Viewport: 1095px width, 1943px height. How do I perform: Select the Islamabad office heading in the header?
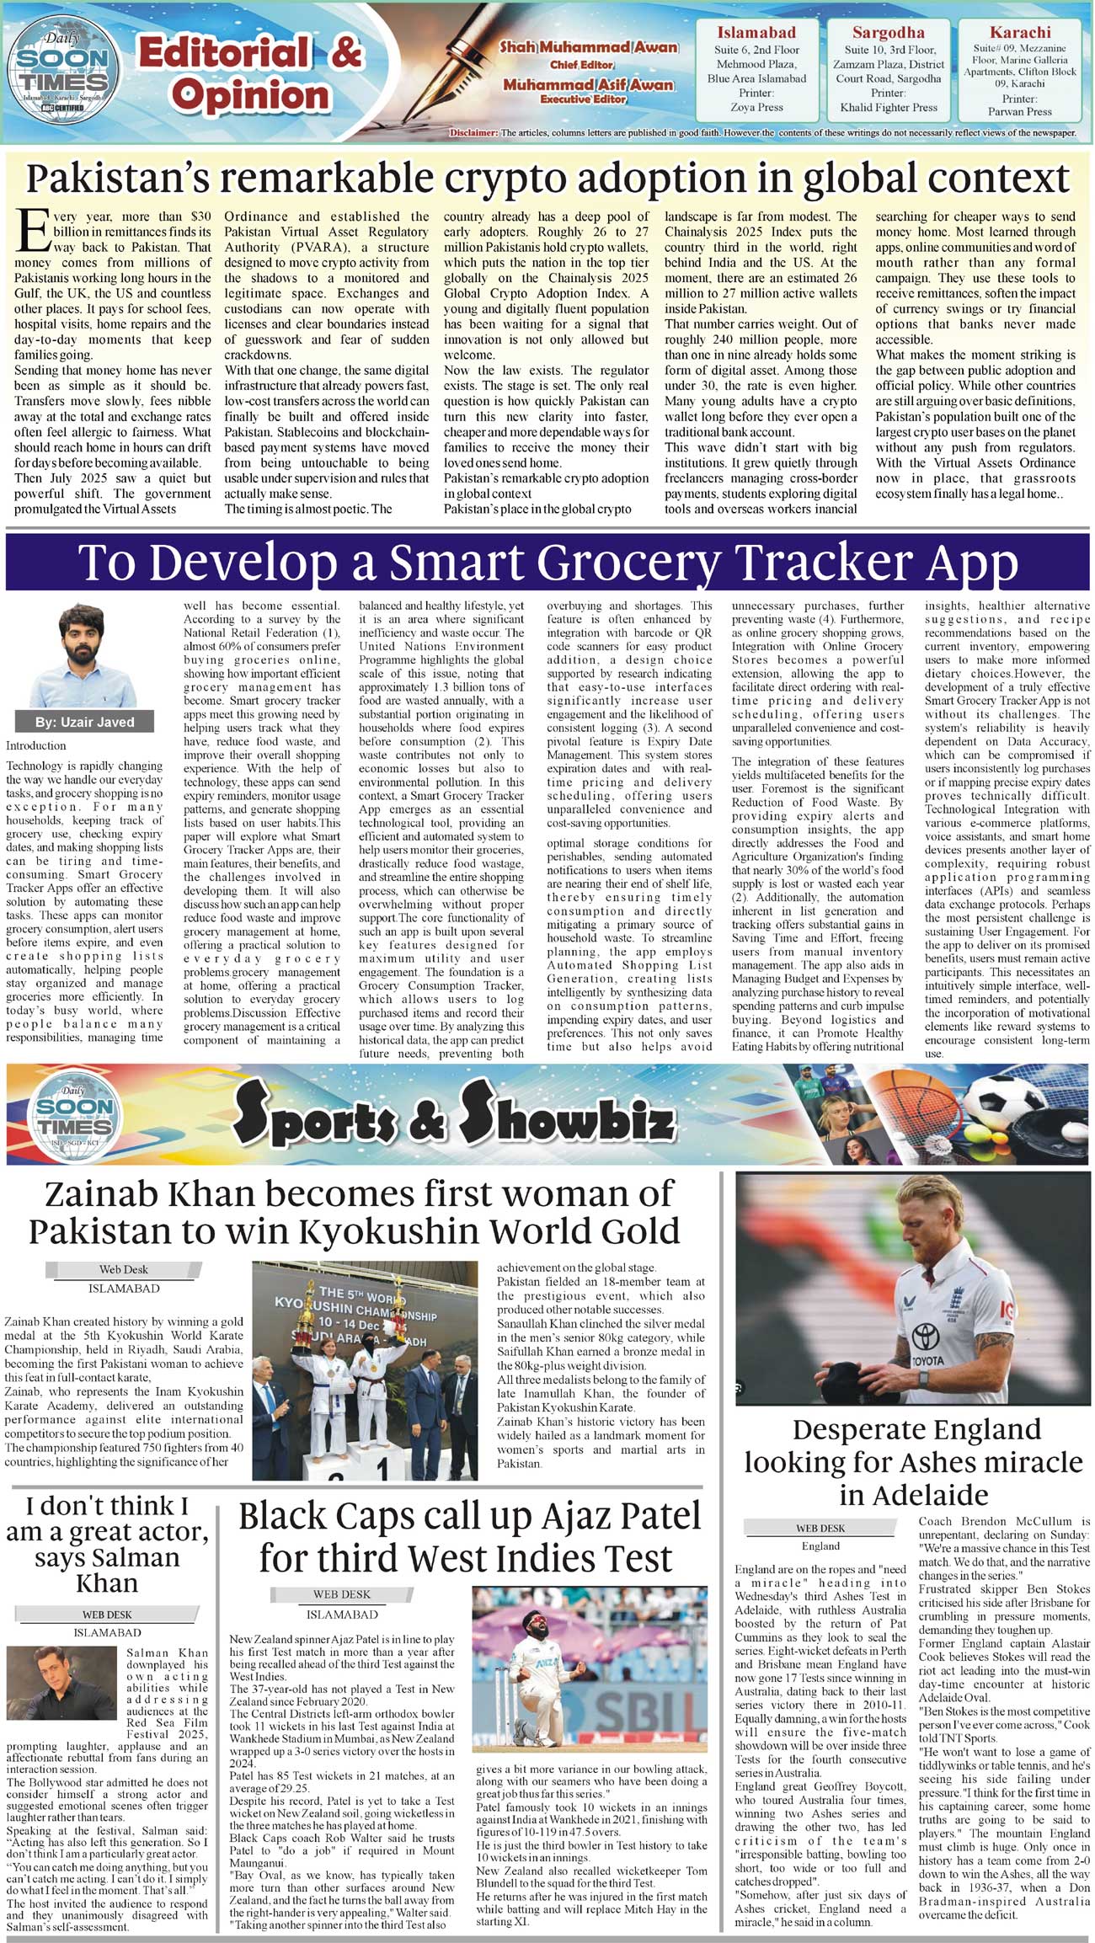coord(756,33)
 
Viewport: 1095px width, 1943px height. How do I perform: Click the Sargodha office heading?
coord(888,33)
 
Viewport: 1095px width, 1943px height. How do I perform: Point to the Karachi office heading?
coord(1019,33)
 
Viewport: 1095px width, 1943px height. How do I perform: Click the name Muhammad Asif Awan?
coord(588,84)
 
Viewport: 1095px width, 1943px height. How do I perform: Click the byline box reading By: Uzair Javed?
coord(84,722)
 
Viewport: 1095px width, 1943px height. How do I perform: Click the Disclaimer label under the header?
coord(473,133)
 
